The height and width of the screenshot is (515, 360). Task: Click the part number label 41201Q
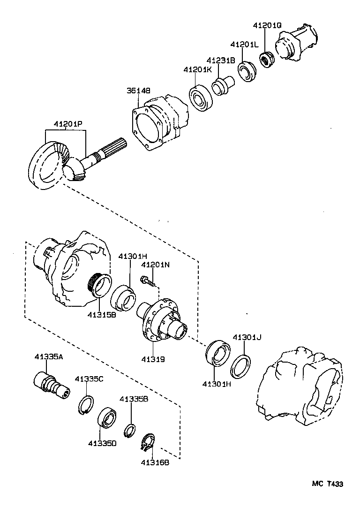(x=268, y=26)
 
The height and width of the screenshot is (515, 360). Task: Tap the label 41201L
(x=244, y=44)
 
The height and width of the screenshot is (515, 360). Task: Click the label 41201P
(x=67, y=124)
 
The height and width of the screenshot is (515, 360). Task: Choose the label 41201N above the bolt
(x=155, y=265)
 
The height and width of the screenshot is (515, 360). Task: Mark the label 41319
(x=153, y=359)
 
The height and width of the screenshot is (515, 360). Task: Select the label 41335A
(x=48, y=356)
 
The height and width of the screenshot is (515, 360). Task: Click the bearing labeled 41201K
(x=202, y=98)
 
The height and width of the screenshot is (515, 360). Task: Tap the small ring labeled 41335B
(x=130, y=429)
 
